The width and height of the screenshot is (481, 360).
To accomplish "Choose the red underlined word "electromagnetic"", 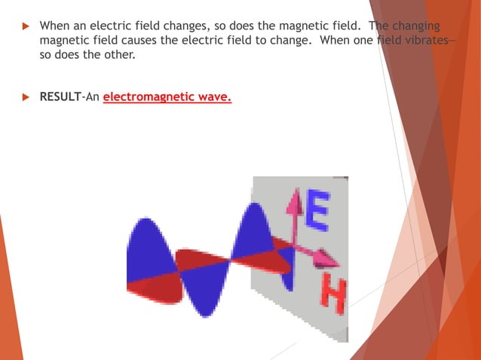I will pyautogui.click(x=147, y=97).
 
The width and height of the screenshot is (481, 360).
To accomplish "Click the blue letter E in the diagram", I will pyautogui.click(x=317, y=210).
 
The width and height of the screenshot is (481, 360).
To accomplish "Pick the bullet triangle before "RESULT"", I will pyautogui.click(x=26, y=97).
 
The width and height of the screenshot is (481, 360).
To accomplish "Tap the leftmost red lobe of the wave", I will pyautogui.click(x=155, y=291).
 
